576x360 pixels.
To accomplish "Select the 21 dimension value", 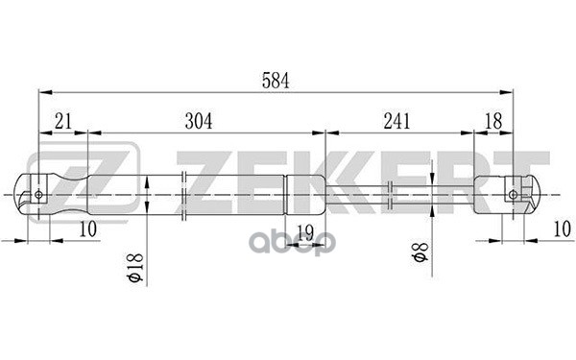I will tap(63, 121).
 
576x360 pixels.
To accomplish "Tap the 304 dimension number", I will tap(198, 121).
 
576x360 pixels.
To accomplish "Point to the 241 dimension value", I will tap(396, 121).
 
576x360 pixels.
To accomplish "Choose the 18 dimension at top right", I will tap(493, 121).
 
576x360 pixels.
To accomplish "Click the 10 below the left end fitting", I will tap(88, 230).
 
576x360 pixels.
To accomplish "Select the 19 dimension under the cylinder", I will tap(305, 230).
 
